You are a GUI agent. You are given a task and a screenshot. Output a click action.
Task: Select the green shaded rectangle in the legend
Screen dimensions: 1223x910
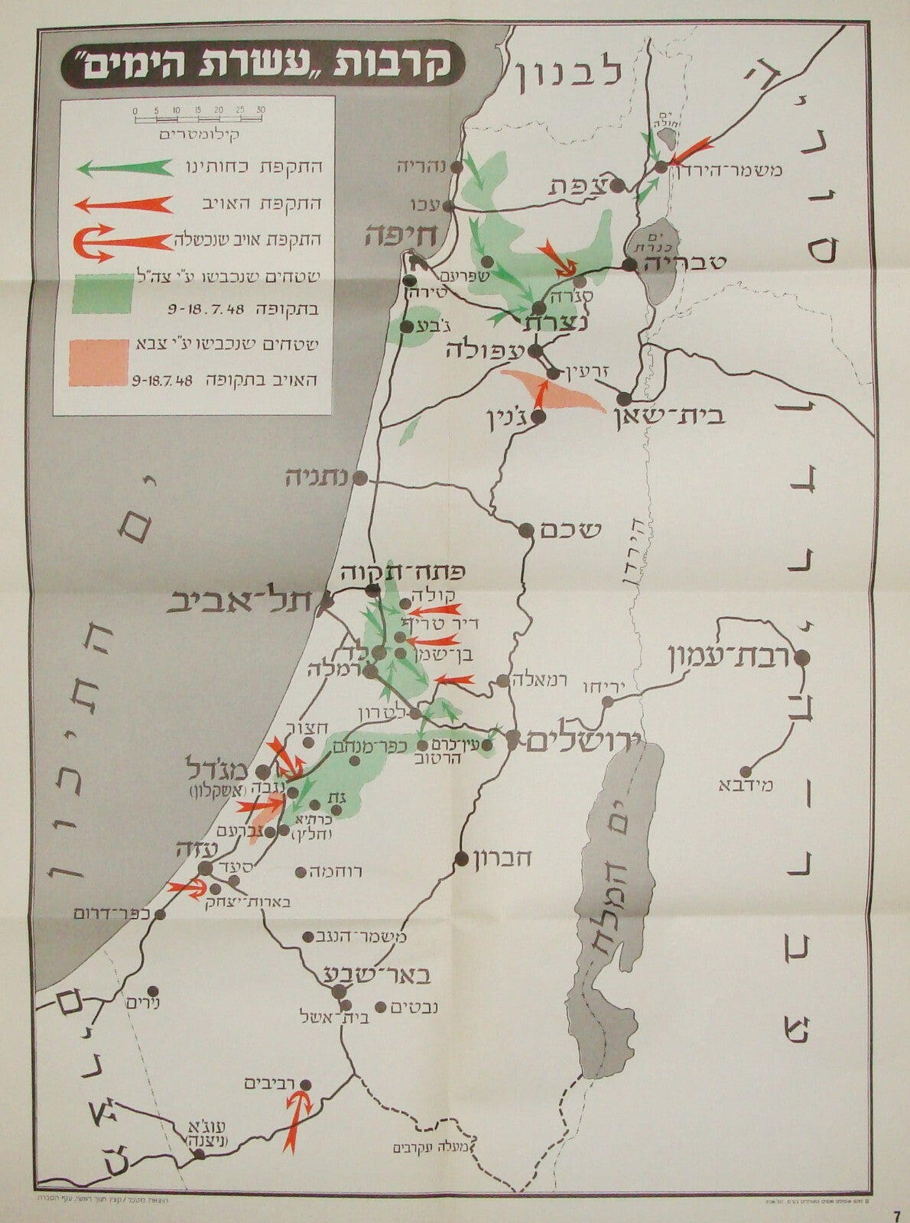tap(99, 293)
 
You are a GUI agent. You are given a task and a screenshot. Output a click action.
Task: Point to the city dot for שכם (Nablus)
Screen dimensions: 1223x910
tap(526, 530)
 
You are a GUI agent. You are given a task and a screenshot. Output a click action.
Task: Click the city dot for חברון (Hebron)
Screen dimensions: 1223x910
tap(461, 858)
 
